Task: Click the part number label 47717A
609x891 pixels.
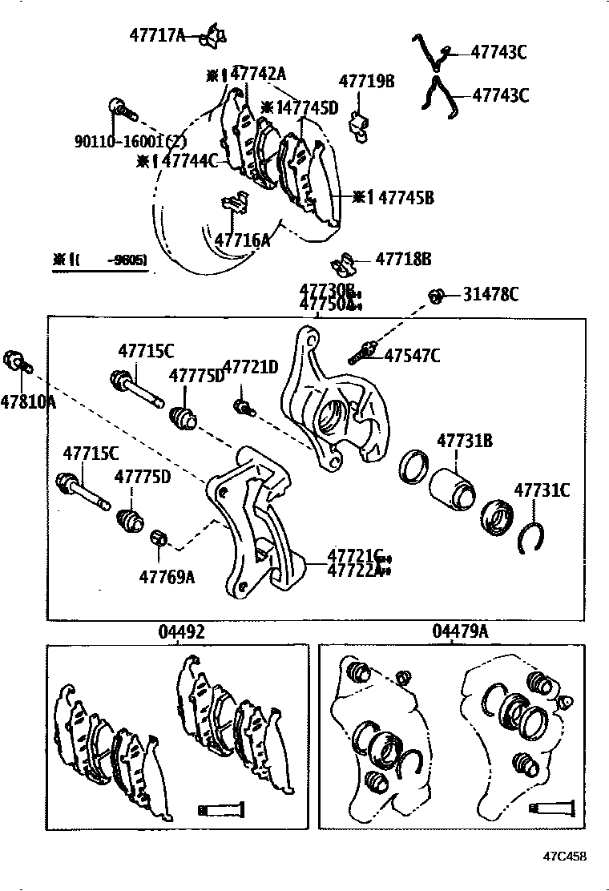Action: (157, 35)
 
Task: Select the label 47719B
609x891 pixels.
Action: (366, 81)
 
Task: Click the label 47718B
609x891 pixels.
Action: (404, 259)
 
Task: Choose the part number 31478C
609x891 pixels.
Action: (490, 295)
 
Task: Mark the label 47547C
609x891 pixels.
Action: (412, 356)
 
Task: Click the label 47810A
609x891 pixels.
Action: (28, 401)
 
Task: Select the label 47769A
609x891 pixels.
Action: (167, 576)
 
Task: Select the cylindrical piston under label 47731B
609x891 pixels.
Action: (452, 490)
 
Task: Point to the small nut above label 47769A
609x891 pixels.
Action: (159, 538)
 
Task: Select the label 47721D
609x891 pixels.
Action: (250, 367)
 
